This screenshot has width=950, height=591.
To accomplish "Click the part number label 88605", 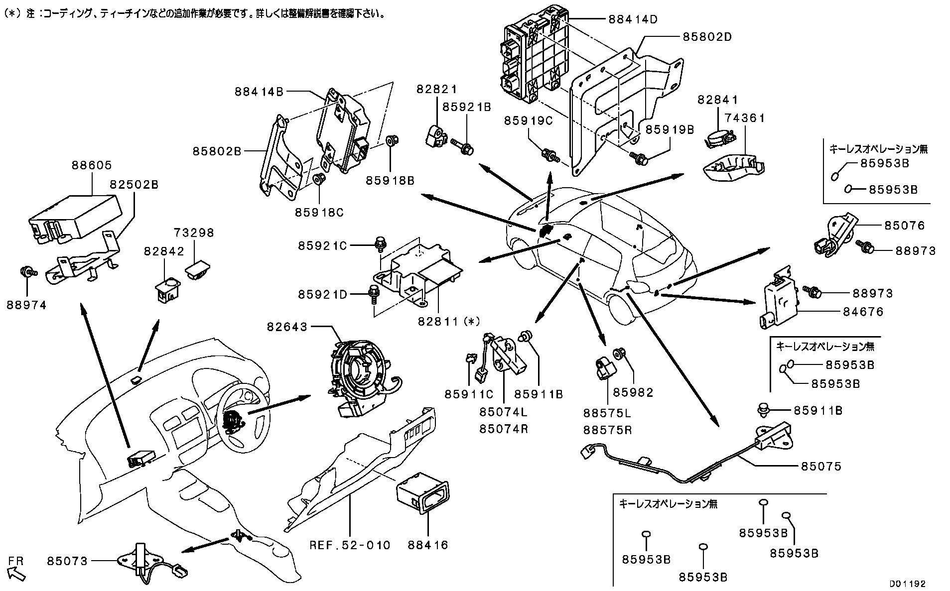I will coord(92,165).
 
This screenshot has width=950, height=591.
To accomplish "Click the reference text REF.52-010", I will coord(350,545).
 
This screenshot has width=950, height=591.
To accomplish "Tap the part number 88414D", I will coord(633,19).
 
